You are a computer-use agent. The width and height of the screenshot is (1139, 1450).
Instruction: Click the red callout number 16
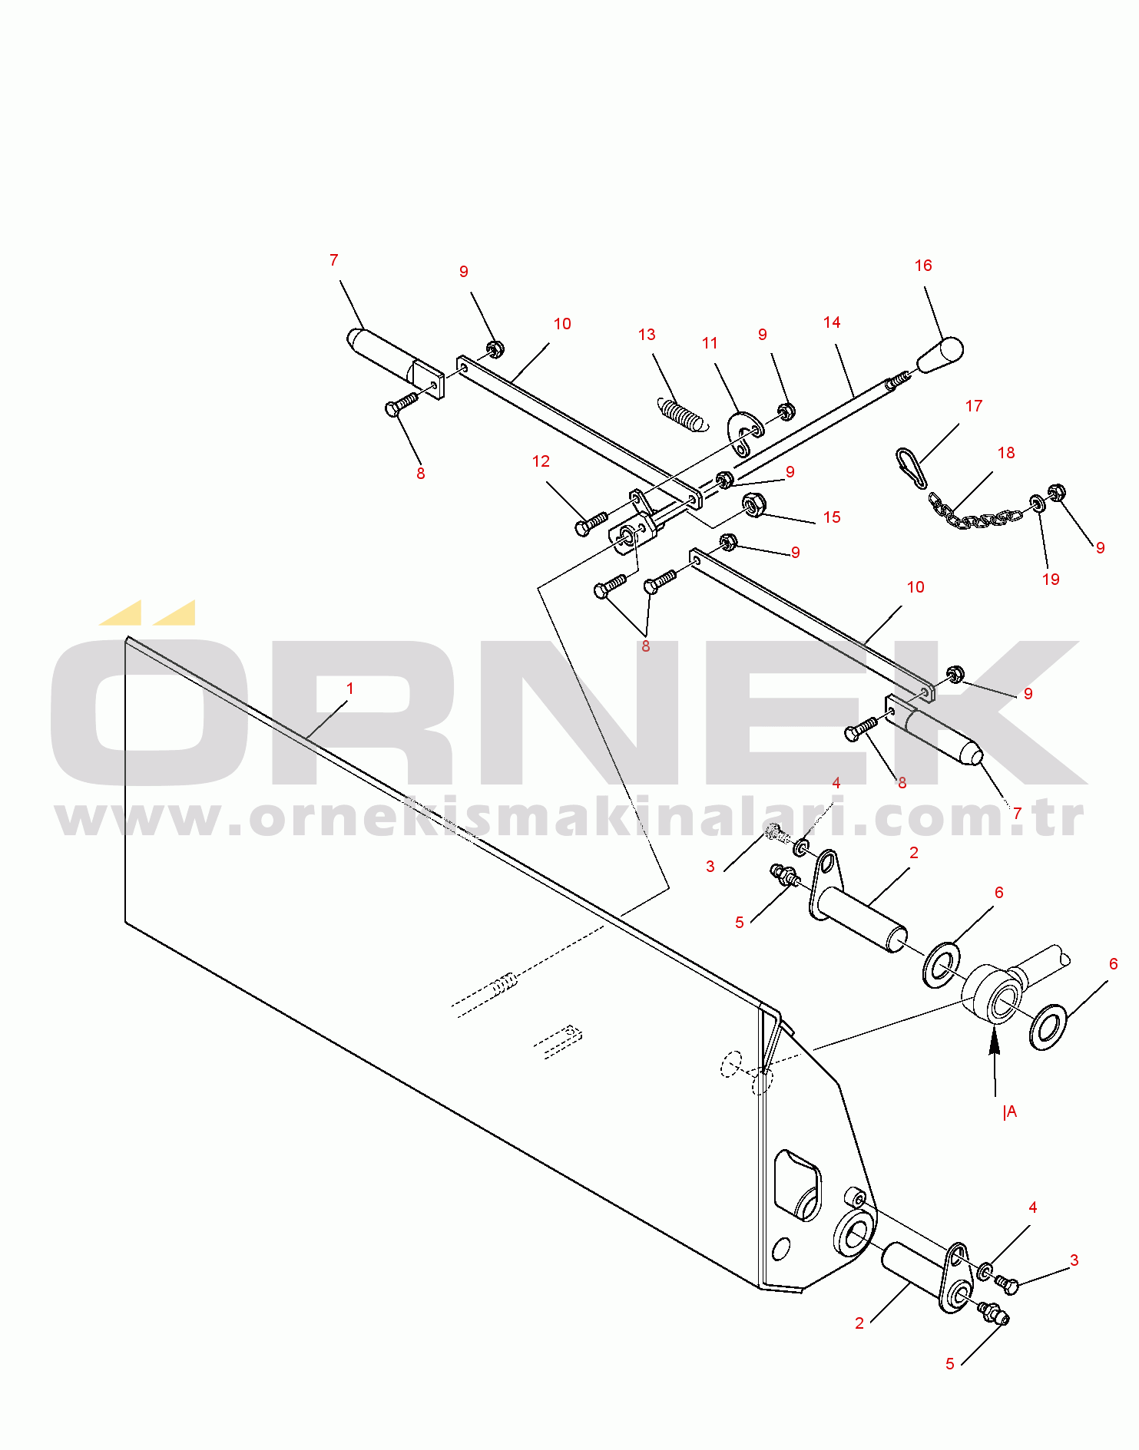click(x=923, y=266)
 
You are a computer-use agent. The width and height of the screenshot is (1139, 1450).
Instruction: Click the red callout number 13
click(x=647, y=335)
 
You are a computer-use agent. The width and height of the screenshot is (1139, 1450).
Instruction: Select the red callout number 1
click(x=350, y=689)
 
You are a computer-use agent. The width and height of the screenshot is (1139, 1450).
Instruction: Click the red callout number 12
click(x=541, y=461)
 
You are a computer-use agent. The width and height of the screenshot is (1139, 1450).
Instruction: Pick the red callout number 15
click(x=832, y=517)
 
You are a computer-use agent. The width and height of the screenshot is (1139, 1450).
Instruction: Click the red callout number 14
click(x=832, y=322)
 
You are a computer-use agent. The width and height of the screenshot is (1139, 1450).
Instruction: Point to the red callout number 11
click(x=710, y=343)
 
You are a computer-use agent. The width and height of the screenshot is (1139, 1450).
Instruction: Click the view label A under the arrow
click(x=1011, y=1111)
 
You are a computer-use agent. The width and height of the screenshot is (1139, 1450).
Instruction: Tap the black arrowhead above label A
click(x=995, y=1042)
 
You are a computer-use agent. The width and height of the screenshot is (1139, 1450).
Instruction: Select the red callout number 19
click(x=1051, y=580)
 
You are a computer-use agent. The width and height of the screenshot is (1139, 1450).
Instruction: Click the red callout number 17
click(x=974, y=406)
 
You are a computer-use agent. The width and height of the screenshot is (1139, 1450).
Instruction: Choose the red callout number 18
click(x=1006, y=453)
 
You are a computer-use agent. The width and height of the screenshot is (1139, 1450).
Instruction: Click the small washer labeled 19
click(x=1038, y=504)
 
